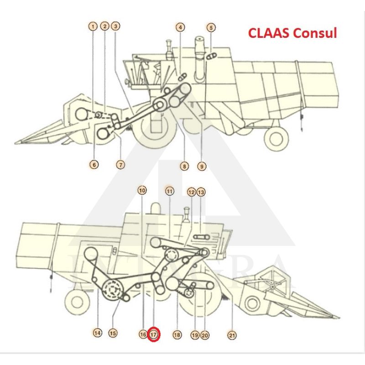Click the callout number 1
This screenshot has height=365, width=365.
93,27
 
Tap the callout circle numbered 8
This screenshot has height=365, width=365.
184,167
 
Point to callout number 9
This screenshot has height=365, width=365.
202,167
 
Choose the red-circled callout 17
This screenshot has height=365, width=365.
154,334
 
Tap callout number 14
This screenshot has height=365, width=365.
97,333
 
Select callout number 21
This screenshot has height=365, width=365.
232,335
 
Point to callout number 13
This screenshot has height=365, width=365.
201,192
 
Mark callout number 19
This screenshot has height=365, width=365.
195,335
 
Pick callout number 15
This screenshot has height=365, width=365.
113,333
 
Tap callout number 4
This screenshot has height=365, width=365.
181,27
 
